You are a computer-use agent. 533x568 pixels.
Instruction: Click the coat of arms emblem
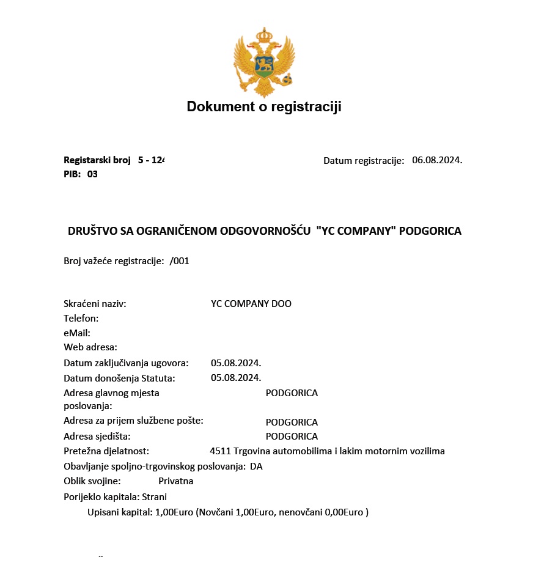pos(264,62)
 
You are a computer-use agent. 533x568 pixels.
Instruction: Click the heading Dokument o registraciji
pos(264,107)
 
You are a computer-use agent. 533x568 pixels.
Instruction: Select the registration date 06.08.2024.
pos(437,160)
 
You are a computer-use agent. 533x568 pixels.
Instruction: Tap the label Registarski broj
pos(97,160)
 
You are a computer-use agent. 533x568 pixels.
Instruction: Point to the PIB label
pos(72,174)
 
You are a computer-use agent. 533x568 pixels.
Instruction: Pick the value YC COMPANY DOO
pos(251,304)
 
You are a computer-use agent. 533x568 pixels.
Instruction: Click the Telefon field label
pos(81,319)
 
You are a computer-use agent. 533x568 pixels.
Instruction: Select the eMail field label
pos(77,333)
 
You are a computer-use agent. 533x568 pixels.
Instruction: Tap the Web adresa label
pos(90,347)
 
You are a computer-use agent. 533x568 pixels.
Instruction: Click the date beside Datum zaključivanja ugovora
pos(236,363)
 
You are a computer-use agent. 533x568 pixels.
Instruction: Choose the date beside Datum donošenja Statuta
pos(236,378)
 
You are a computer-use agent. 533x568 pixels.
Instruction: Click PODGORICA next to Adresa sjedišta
pos(292,437)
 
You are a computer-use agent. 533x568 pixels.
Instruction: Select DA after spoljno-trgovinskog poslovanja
pos(256,467)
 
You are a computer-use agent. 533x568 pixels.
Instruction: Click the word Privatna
pos(176,481)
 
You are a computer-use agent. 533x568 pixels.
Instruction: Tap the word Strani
pos(154,497)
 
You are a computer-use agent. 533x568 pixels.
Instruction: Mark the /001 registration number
pos(180,261)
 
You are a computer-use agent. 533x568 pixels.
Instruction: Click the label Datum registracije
pos(364,161)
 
